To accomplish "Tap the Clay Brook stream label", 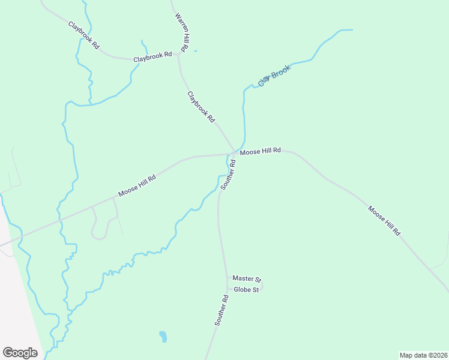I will (274, 75).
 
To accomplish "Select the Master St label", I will (247, 279).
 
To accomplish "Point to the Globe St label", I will (246, 290).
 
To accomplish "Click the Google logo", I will (20, 353).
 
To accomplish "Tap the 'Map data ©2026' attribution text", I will (423, 355).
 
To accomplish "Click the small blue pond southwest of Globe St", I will (163, 337).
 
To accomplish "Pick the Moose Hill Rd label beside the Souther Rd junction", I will (261, 152).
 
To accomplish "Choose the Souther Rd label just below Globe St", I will (221, 310).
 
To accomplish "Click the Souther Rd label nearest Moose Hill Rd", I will (228, 175).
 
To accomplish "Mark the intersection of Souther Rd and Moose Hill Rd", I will (234, 154).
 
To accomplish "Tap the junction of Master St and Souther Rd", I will (227, 279).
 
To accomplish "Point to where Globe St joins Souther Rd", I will (228, 290).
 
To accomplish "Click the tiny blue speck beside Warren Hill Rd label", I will (195, 50).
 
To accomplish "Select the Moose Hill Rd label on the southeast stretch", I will (384, 220).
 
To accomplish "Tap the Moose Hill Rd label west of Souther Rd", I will (137, 185).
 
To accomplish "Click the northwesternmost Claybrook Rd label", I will (83, 35).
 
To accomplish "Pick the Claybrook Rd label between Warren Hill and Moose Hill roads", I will (201, 107).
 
